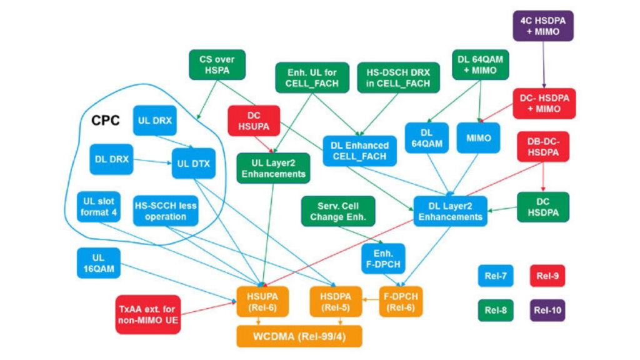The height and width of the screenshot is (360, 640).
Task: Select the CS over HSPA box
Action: click(x=216, y=65)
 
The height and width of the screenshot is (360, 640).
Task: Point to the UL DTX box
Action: click(x=193, y=164)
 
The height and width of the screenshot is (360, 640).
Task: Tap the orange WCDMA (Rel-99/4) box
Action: click(x=299, y=336)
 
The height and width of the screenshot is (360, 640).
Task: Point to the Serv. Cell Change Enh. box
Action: click(x=337, y=211)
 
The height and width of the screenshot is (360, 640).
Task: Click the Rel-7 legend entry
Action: click(x=496, y=275)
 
